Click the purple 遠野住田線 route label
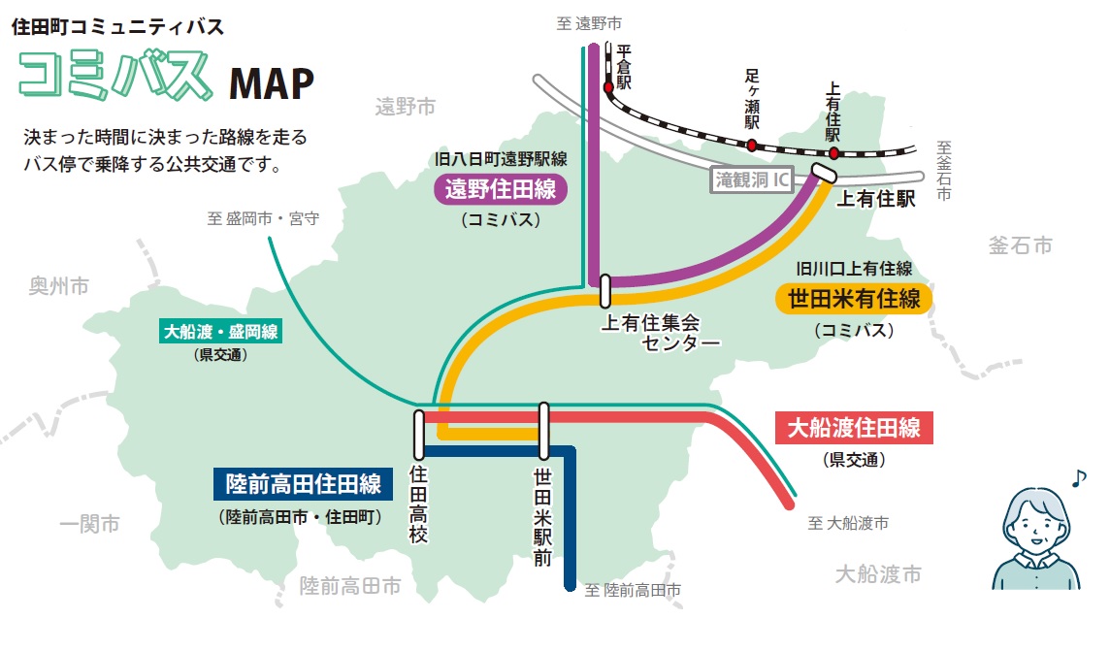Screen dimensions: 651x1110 click(500, 189)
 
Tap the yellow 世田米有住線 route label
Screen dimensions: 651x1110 click(854, 298)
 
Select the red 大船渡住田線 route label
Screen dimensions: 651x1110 click(854, 427)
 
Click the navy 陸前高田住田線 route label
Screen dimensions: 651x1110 click(304, 482)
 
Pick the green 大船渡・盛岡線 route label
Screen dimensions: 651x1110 click(221, 333)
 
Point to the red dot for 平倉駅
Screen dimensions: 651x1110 click(608, 87)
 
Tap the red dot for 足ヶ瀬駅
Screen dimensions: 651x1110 click(751, 145)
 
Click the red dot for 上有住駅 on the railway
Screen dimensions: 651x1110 click(833, 153)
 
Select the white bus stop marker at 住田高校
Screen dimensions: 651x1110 click(419, 435)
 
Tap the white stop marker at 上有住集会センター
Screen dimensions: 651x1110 click(605, 290)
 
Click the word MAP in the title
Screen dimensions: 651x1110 click(272, 85)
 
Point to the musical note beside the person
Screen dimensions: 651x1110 click(1078, 477)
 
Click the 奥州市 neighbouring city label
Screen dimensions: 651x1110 click(58, 286)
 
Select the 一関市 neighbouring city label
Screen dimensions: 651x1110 click(89, 524)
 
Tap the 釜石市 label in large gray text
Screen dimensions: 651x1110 click(1020, 244)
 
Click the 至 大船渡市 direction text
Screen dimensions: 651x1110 click(847, 524)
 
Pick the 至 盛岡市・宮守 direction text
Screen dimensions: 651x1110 click(263, 219)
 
